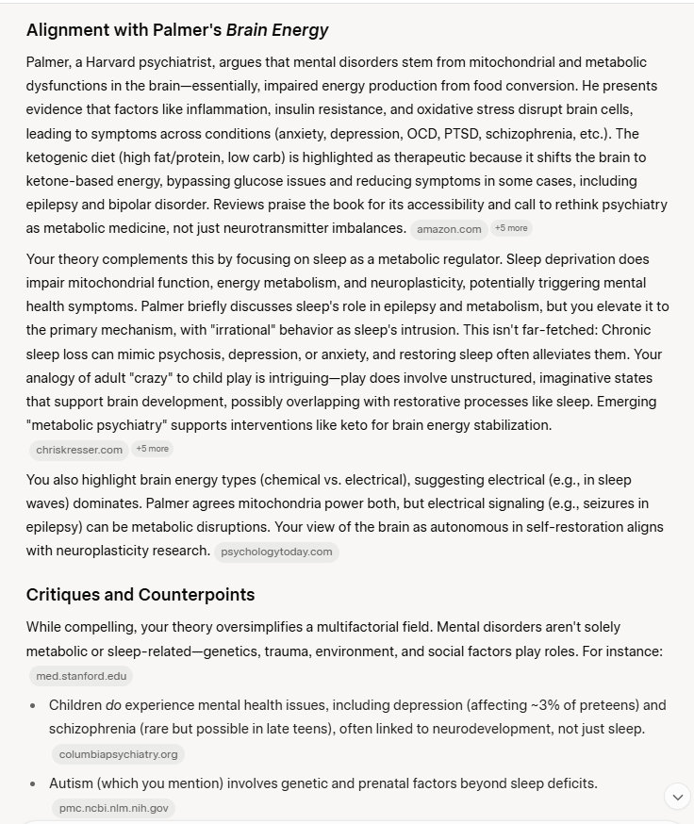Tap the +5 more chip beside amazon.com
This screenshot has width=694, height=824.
coord(512,228)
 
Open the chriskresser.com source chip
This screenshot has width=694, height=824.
coord(79,450)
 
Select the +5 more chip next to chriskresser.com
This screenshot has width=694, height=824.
coord(152,449)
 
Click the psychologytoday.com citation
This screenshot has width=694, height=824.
coord(276,552)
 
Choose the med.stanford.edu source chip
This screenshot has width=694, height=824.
coord(80,676)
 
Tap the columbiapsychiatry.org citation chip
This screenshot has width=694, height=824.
coord(118,754)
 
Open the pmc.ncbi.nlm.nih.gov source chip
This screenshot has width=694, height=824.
coord(113,808)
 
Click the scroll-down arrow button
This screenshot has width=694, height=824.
coord(677,797)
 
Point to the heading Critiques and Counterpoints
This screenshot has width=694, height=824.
coord(140,595)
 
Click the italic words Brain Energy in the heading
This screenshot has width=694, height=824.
coord(279,30)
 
